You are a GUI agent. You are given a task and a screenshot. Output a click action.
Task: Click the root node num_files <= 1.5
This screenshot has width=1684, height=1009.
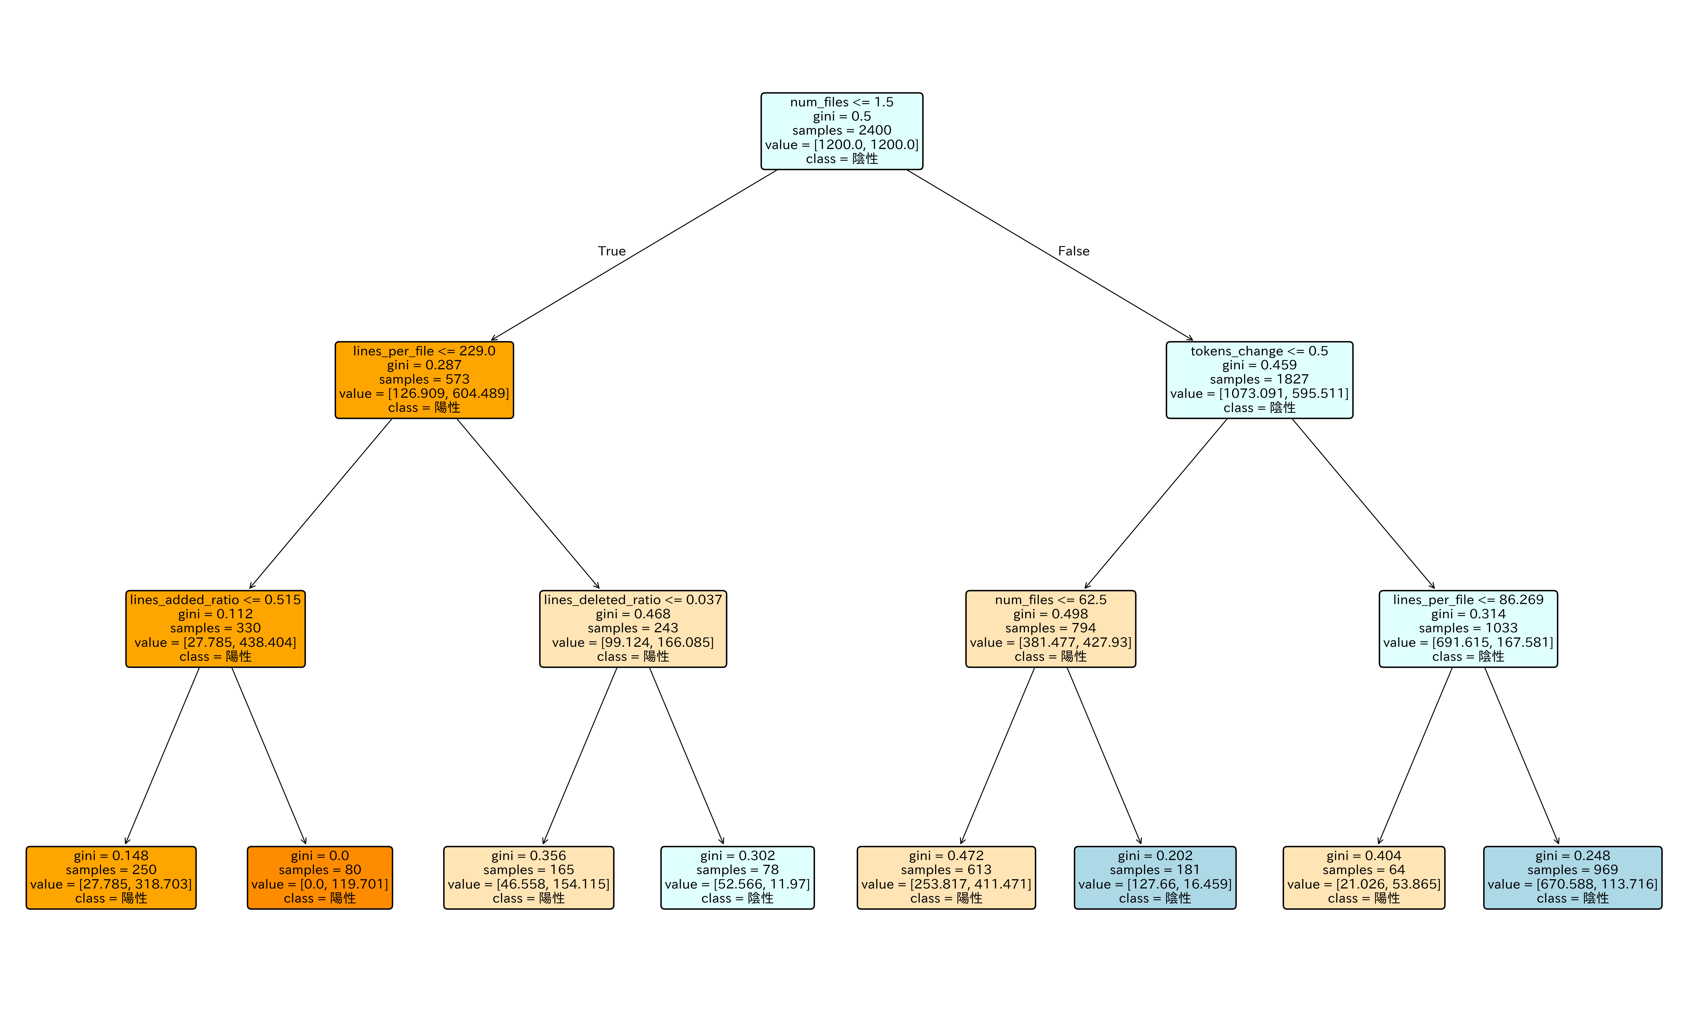(841, 130)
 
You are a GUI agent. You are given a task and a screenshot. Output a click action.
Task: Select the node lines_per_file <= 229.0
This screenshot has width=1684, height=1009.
(424, 379)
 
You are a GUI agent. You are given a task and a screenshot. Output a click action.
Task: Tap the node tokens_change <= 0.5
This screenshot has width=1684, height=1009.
(1259, 379)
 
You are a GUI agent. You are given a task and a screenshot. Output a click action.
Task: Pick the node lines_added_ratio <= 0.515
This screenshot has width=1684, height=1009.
(215, 628)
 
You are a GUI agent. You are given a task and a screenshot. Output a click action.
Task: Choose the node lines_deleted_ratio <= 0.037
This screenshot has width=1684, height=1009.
(633, 628)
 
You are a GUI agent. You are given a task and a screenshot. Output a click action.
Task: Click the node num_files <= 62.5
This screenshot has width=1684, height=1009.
(1050, 628)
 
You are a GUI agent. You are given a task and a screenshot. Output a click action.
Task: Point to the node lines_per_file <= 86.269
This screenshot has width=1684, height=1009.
(1468, 628)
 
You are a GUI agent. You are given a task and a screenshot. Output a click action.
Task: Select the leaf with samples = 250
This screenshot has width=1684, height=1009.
(111, 877)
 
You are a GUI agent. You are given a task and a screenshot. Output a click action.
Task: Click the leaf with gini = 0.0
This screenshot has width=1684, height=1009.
(320, 877)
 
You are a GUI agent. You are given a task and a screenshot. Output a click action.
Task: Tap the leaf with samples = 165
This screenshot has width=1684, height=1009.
(529, 877)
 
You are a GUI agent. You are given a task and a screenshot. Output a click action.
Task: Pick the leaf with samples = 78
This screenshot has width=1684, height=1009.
(737, 877)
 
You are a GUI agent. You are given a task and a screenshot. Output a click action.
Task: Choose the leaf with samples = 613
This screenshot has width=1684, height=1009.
(946, 877)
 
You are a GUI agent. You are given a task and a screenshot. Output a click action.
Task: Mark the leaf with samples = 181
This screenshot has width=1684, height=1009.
(1155, 877)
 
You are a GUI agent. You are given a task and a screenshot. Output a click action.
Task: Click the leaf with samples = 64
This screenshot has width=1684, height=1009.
(1364, 877)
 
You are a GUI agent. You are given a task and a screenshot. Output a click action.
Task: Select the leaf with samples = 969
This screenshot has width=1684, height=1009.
(1572, 877)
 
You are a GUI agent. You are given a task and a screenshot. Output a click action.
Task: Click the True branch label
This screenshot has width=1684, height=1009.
(611, 251)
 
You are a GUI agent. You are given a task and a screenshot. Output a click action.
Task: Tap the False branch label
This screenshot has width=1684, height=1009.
(1073, 251)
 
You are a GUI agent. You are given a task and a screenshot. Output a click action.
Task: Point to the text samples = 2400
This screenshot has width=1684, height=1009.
(841, 130)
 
